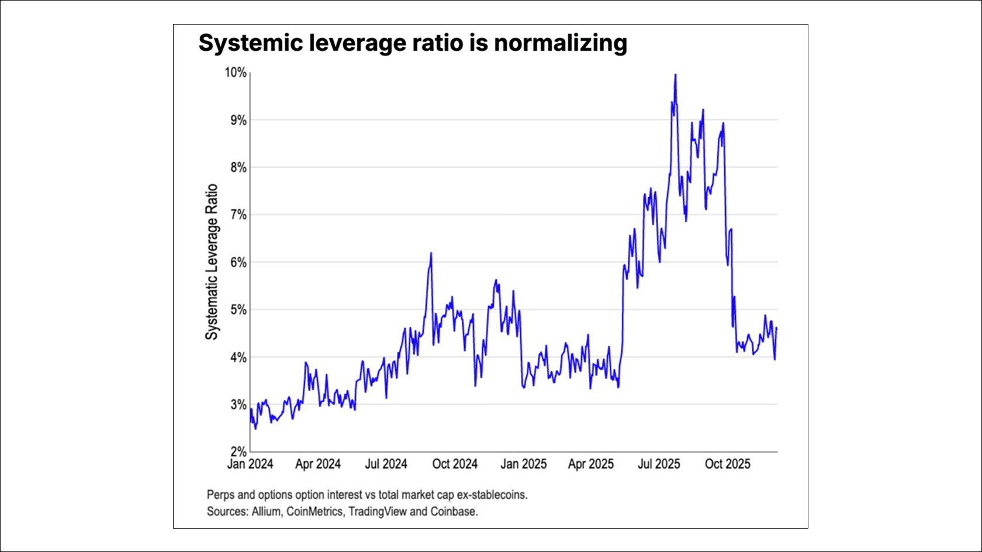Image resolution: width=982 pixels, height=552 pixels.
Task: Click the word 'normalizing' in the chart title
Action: (x=560, y=43)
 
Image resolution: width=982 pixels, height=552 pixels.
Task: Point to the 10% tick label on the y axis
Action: (x=236, y=73)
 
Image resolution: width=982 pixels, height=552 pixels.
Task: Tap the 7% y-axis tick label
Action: (x=238, y=215)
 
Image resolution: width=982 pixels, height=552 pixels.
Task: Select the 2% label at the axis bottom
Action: (x=238, y=451)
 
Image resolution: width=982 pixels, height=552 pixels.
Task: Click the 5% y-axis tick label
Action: (x=238, y=309)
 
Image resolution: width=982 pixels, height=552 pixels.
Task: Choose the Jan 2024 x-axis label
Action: (x=250, y=464)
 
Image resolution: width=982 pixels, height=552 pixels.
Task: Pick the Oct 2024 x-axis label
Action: (x=455, y=464)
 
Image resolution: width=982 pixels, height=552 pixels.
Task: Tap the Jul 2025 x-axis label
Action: (x=659, y=464)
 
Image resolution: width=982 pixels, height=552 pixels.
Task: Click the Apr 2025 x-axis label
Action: (x=590, y=464)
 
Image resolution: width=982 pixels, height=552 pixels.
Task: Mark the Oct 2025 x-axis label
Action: (x=727, y=464)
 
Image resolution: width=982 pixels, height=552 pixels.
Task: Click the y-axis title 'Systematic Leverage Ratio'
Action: (x=212, y=262)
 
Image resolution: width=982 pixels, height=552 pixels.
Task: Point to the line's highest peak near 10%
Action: (x=675, y=75)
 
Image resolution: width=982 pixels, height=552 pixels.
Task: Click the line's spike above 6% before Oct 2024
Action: (x=431, y=253)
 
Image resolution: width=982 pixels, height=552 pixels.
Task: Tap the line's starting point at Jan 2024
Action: (x=251, y=409)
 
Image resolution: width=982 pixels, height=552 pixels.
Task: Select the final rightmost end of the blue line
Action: (x=777, y=328)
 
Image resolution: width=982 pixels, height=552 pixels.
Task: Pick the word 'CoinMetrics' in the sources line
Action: (x=314, y=512)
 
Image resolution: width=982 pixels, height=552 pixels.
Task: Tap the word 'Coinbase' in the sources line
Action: (x=454, y=512)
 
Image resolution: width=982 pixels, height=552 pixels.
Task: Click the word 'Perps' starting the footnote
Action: (x=220, y=495)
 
